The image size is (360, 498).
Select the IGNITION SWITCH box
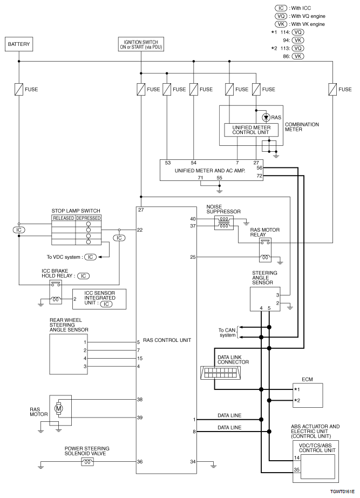(140, 43)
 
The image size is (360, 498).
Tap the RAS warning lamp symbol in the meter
(265, 117)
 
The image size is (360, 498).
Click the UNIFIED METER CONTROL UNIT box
(250, 130)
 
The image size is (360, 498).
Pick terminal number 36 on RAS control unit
(141, 461)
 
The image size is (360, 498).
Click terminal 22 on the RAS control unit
(141, 230)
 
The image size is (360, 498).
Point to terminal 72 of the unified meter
(260, 176)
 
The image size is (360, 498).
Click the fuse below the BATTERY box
(19, 89)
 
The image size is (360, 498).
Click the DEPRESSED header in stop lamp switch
(88, 218)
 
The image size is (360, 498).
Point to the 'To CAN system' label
(227, 332)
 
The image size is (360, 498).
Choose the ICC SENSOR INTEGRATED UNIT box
(99, 299)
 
